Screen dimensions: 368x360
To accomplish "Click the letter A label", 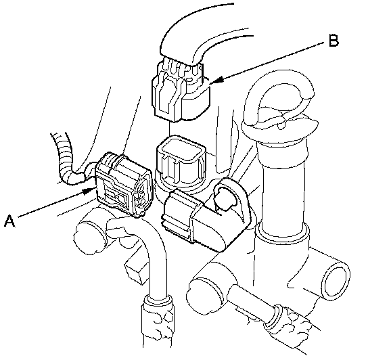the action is tap(9, 221).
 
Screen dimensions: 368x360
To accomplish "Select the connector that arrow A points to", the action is tap(124, 184).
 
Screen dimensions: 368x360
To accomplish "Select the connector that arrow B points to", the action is tap(181, 91).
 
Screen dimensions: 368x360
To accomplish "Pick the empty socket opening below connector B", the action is tap(181, 162).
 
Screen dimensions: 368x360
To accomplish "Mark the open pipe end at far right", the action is tap(336, 282).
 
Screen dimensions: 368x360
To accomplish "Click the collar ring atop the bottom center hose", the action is tap(157, 300).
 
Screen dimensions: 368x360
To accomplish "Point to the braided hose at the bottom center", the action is tap(157, 329).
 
